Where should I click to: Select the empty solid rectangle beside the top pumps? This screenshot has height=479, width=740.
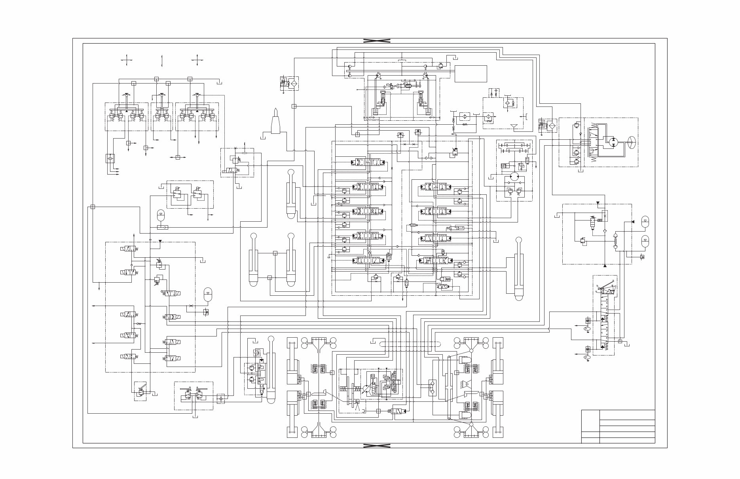tap(471, 74)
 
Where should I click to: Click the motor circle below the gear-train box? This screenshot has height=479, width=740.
tap(514, 177)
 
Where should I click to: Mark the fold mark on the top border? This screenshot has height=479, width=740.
tap(377, 41)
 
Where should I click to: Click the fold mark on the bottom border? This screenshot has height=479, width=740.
tap(377, 445)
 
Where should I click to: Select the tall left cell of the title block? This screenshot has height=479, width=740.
tap(590, 426)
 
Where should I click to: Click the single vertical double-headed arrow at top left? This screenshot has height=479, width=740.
tap(162, 60)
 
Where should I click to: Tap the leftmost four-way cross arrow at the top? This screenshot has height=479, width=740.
tap(127, 60)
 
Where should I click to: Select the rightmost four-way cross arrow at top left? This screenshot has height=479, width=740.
tap(197, 60)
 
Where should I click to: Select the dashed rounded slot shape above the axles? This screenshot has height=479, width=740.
tap(410, 344)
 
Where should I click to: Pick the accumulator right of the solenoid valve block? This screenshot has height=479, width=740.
tap(207, 294)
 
